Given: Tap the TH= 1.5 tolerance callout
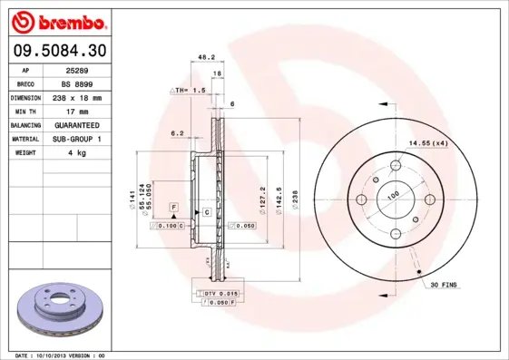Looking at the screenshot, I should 191,92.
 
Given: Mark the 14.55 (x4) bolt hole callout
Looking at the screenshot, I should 426,143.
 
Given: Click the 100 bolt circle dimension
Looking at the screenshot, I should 394,195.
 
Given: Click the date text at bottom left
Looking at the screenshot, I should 62,355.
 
